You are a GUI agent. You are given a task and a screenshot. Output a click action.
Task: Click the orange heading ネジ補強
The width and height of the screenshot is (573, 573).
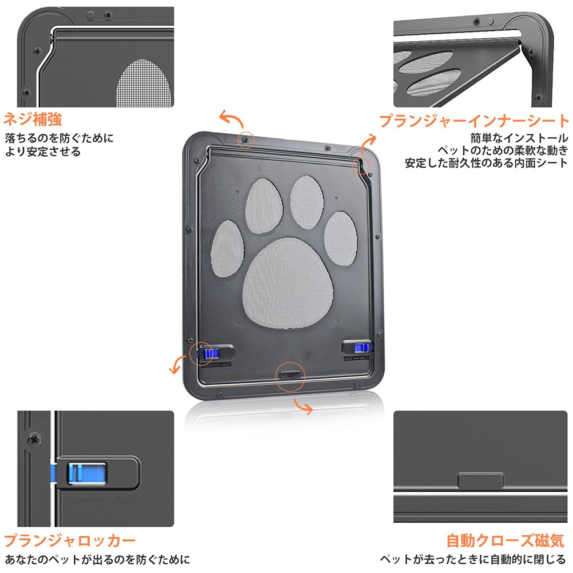[33, 120]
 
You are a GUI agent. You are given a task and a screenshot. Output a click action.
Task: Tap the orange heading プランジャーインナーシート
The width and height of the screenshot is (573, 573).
[474, 121]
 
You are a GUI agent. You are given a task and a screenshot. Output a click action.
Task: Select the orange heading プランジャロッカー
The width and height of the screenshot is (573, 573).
[69, 540]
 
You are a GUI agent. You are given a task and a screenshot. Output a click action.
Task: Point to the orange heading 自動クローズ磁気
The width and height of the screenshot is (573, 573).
[506, 540]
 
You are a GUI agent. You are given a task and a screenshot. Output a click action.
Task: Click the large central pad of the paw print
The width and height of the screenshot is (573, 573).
[288, 283]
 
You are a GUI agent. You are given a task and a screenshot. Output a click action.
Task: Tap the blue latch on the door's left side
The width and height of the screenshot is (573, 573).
[210, 353]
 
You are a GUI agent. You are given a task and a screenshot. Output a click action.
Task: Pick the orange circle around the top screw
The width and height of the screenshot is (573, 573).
[245, 140]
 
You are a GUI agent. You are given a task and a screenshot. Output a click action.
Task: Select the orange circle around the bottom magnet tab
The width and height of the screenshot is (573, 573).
[290, 377]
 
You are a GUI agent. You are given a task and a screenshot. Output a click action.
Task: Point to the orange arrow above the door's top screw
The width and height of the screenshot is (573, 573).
[232, 119]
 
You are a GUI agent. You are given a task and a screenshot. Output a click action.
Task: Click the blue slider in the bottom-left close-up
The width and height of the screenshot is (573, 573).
[86, 473]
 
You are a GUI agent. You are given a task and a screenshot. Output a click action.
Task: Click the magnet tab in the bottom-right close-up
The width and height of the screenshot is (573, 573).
[480, 480]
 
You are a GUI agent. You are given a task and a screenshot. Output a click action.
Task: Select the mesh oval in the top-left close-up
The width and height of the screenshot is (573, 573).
[144, 83]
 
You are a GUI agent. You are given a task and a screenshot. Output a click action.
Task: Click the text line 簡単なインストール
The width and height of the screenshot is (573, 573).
[519, 138]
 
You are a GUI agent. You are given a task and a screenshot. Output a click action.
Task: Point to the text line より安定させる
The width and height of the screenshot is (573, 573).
[42, 152]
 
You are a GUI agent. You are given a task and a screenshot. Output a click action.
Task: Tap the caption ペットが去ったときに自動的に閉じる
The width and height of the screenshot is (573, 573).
[473, 559]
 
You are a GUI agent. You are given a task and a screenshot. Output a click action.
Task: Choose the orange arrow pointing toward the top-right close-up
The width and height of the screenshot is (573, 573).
[368, 143]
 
